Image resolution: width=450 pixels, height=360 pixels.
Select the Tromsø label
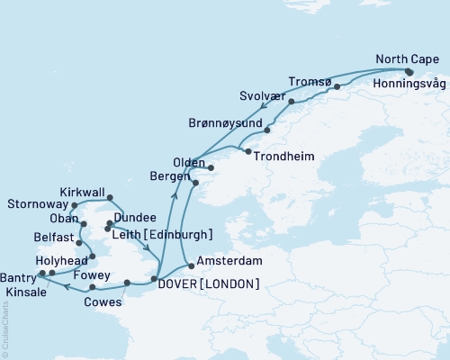coord(310,80)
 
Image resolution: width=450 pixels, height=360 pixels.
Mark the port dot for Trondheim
coord(247,151)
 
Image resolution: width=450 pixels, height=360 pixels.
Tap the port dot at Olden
coord(210,167)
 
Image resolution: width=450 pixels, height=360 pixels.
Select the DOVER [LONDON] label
coord(209,283)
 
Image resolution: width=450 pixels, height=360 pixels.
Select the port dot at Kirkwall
coord(110,197)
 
